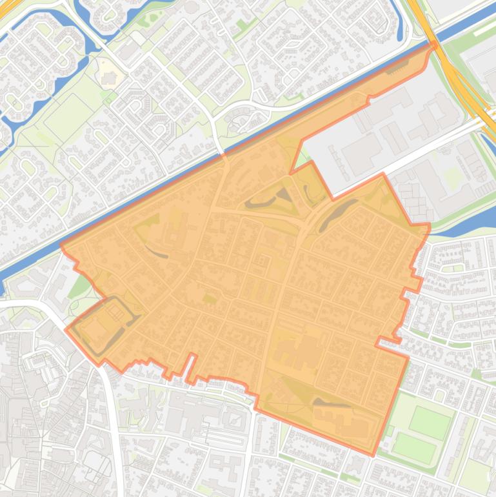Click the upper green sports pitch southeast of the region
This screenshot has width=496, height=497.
(431, 423)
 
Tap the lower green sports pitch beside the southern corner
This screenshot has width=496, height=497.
(415, 447)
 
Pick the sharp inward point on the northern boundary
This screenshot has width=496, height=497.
(291, 172)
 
